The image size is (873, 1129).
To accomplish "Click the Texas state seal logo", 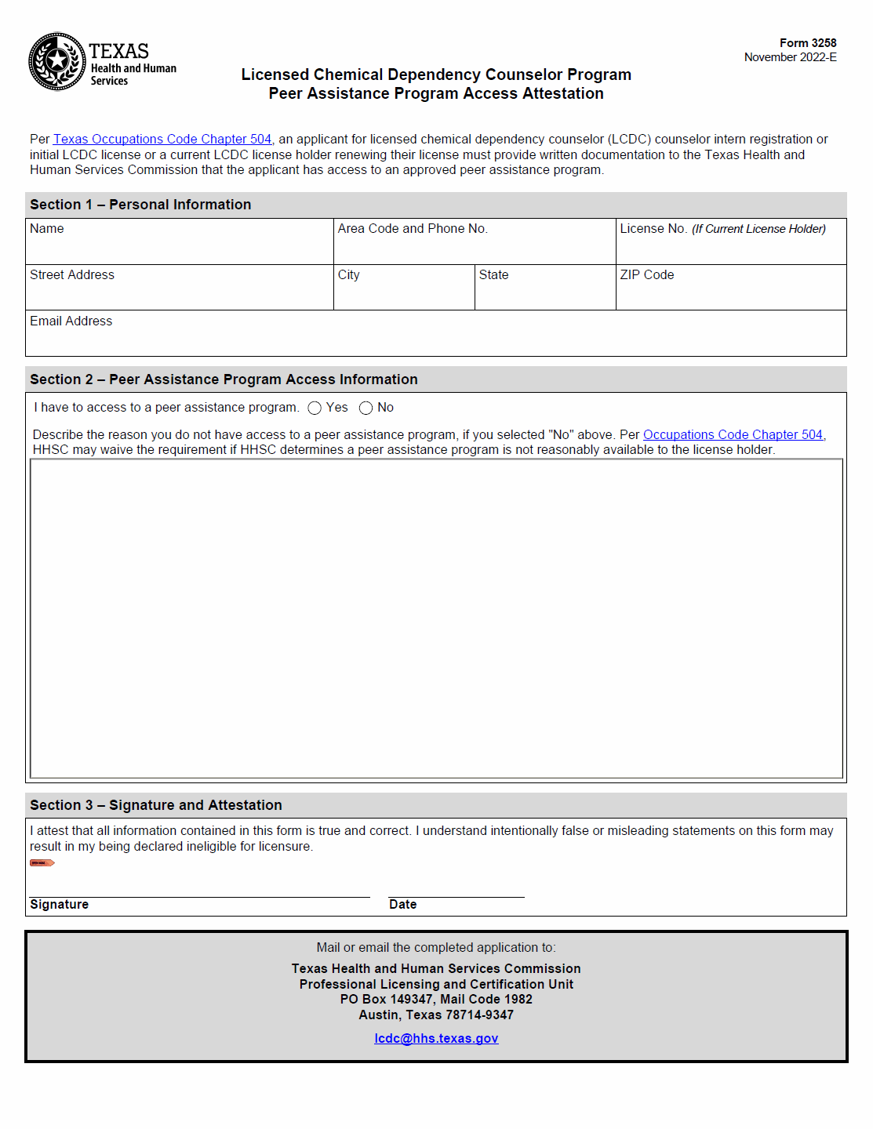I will (57, 61).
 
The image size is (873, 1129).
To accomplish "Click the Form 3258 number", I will (807, 43).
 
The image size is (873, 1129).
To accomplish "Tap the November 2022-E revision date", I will (790, 57).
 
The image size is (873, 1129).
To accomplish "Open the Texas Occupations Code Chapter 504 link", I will (162, 140).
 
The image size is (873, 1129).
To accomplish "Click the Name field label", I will (47, 229).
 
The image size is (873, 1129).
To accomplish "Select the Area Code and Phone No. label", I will (413, 229).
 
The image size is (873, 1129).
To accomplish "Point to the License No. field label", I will (653, 229).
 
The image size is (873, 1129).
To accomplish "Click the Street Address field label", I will (72, 275).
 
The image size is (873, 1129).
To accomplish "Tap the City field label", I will (349, 275).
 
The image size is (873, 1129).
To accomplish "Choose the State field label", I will (494, 275).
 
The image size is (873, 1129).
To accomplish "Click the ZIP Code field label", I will (647, 275).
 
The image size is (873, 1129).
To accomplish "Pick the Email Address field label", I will (71, 321).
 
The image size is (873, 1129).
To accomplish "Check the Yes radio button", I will (315, 408).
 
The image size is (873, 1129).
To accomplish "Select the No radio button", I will (366, 408).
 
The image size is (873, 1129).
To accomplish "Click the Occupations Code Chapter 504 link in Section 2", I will (733, 435).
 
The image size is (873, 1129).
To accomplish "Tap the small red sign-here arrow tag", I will (42, 863).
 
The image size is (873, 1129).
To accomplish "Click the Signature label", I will (60, 905).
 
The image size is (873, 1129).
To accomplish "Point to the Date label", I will (403, 905).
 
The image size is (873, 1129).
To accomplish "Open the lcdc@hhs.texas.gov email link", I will (436, 1039).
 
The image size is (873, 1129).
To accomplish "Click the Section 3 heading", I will (156, 805).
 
